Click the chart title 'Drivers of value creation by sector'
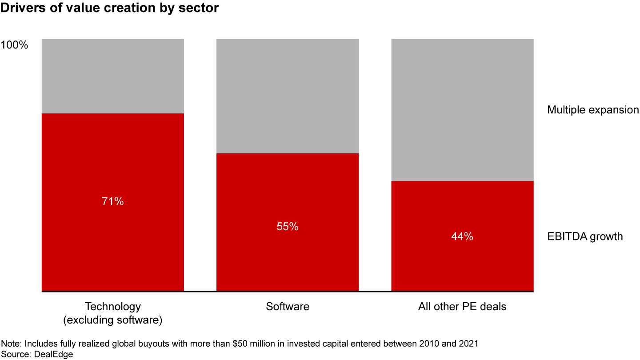(110, 8)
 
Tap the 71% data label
(112, 201)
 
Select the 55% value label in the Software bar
(287, 227)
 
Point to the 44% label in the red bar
(462, 236)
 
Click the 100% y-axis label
(15, 45)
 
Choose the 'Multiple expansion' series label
(593, 110)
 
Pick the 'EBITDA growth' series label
(585, 236)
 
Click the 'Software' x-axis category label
(288, 307)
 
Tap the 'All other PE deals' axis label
(462, 307)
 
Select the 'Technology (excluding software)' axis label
(112, 313)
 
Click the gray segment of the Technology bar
(112, 76)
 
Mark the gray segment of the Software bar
(287, 96)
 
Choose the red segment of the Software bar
(287, 262)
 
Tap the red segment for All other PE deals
(462, 267)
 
